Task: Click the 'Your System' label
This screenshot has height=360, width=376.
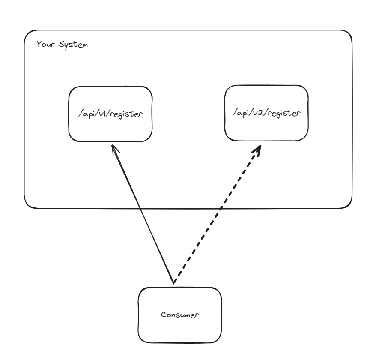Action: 62,45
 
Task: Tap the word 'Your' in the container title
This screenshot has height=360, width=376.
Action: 45,45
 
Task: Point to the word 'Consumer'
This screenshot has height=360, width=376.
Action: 180,315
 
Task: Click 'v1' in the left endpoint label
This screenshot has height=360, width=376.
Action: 102,115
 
